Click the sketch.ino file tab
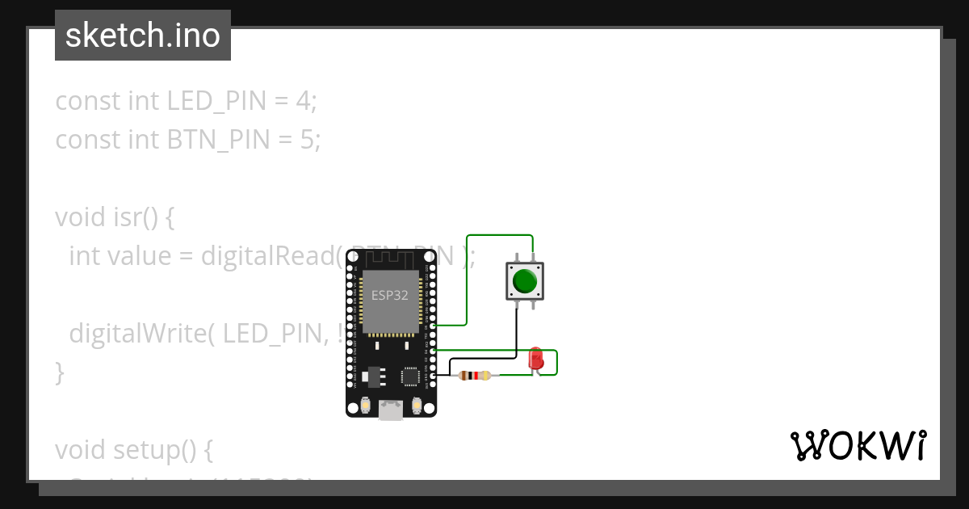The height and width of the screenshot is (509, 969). tap(143, 36)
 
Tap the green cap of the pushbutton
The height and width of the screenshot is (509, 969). tap(524, 281)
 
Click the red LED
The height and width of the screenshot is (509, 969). tap(535, 359)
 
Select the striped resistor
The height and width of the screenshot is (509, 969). tap(474, 375)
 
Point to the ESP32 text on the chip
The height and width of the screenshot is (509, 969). tap(389, 296)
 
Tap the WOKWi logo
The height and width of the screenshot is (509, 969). tap(858, 445)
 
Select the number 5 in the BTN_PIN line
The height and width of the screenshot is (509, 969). tap(306, 140)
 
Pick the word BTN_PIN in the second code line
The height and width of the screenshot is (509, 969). tap(219, 140)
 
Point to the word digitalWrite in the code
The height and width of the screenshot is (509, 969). tap(141, 334)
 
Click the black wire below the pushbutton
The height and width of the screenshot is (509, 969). tap(516, 331)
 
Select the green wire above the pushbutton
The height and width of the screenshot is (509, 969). tap(501, 236)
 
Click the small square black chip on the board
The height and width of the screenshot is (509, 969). tap(410, 376)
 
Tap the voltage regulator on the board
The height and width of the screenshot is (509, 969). tap(372, 376)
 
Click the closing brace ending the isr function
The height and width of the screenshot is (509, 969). tap(59, 372)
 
